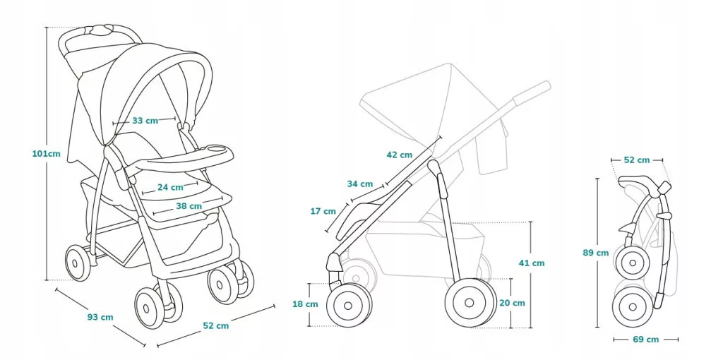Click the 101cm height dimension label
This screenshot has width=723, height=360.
[46, 153]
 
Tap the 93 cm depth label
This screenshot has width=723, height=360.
[100, 317]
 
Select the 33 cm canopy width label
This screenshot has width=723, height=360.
[145, 121]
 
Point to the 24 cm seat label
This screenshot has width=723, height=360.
[170, 187]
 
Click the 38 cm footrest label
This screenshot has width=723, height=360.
[189, 206]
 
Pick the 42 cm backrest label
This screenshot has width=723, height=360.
[400, 155]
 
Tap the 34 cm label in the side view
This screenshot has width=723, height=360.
[360, 184]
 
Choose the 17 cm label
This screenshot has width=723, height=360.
[323, 211]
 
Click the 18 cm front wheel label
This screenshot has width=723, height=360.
[305, 304]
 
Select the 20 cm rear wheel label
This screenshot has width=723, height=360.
[513, 303]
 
